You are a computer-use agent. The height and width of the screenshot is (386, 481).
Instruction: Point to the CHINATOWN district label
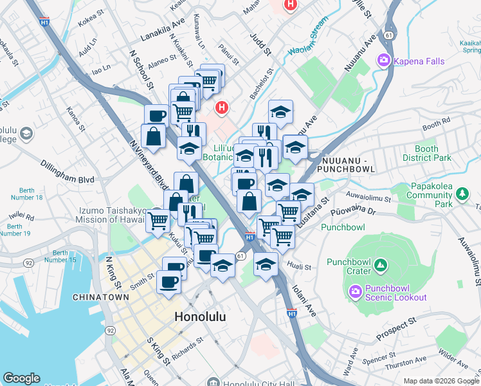coord(97,297)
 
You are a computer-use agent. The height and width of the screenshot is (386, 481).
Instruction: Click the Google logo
coord(21,378)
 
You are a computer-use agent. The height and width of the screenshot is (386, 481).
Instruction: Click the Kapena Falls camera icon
coord(385,60)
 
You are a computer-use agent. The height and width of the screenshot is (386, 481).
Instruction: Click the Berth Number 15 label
coord(64,256)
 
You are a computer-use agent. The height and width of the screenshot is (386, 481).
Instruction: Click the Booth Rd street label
coord(436,124)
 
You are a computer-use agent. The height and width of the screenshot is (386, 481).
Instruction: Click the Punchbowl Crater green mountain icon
coord(381,264)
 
